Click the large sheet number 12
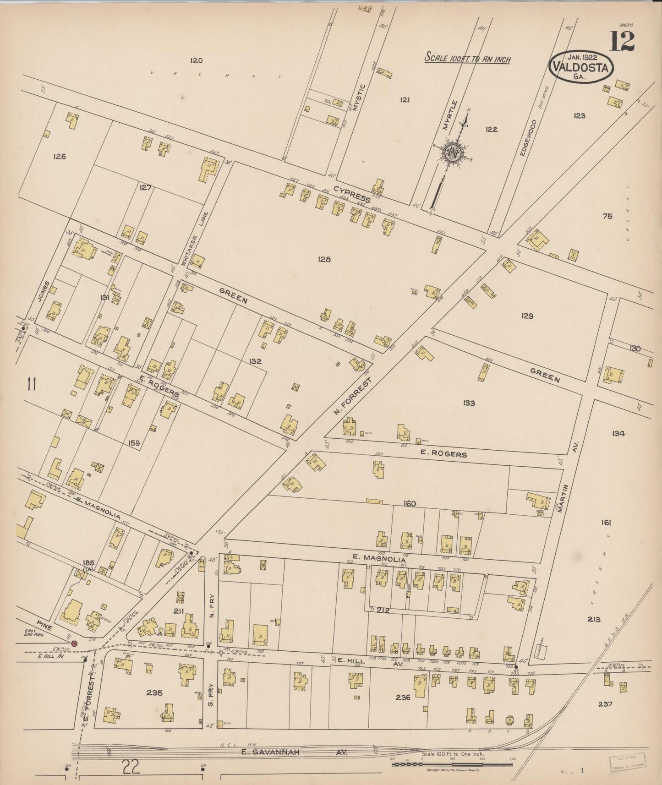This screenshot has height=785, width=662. click(x=621, y=42)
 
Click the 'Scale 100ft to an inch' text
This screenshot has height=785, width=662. click(x=467, y=58)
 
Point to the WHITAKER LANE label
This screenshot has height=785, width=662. click(x=198, y=239)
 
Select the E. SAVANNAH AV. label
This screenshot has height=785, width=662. click(x=295, y=752)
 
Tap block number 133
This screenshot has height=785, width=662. click(x=469, y=403)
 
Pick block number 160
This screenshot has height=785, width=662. click(x=409, y=504)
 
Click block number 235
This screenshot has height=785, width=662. click(x=154, y=693)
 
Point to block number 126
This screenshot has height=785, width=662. click(x=60, y=157)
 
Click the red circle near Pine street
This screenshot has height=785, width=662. click(x=75, y=643)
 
